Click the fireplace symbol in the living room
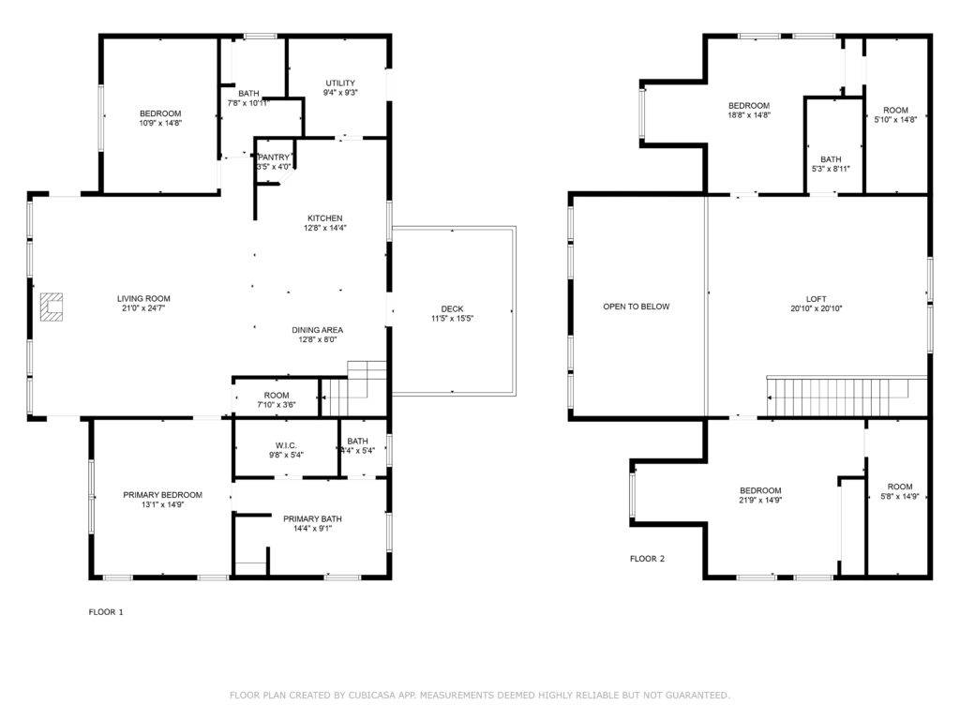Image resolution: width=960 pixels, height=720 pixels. pyautogui.click(x=52, y=307)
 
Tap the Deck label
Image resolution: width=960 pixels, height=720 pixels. pyautogui.click(x=452, y=309)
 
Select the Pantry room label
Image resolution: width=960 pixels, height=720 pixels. pyautogui.click(x=275, y=157)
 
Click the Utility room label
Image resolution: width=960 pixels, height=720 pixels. pyautogui.click(x=339, y=83)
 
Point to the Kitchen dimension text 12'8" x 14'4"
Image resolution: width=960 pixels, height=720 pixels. pyautogui.click(x=322, y=228)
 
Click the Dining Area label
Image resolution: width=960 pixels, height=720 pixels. pyautogui.click(x=317, y=330)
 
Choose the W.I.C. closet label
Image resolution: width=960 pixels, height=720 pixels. pyautogui.click(x=286, y=444)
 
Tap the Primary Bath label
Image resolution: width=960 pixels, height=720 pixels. pyautogui.click(x=312, y=517)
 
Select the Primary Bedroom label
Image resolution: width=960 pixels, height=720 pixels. pyautogui.click(x=162, y=495)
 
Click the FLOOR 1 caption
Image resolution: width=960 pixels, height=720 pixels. pyautogui.click(x=106, y=612)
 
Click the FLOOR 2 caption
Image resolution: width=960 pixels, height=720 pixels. pyautogui.click(x=647, y=559)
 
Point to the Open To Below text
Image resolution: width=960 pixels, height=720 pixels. pyautogui.click(x=636, y=307)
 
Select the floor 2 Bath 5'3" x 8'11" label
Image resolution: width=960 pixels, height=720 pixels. pyautogui.click(x=831, y=159)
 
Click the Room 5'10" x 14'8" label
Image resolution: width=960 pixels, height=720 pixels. pyautogui.click(x=895, y=110)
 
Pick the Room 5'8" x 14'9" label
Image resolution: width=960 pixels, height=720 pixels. pyautogui.click(x=899, y=487)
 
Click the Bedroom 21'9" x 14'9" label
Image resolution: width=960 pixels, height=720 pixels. pyautogui.click(x=759, y=490)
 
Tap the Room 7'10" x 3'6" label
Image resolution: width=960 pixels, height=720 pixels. pyautogui.click(x=276, y=396)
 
